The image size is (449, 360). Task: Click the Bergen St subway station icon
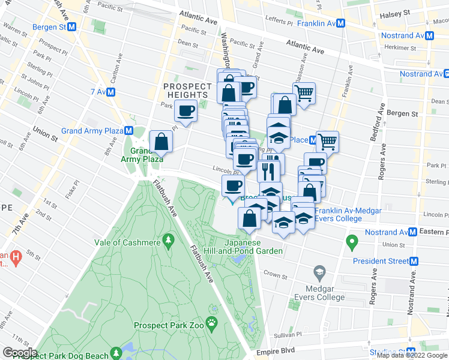point(72,27)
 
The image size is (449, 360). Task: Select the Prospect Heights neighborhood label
point(188,91)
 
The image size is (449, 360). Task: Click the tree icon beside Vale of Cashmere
point(168,241)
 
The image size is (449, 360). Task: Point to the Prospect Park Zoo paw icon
point(212,324)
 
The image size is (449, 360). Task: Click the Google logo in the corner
point(20,352)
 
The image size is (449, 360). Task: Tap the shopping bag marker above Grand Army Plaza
point(161,142)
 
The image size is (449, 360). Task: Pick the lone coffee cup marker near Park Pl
point(186,110)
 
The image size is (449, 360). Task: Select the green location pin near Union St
point(352,243)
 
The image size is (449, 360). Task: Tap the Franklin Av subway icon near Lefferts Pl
point(340,23)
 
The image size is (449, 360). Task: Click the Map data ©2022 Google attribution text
point(412,355)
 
